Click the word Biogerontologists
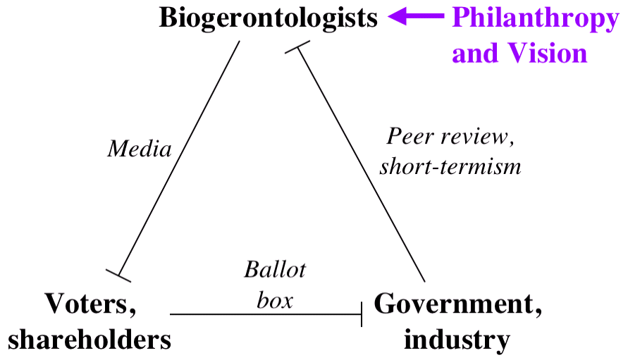[x=269, y=18]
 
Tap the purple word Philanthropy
[x=535, y=18]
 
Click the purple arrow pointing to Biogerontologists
[x=416, y=18]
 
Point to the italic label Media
[x=140, y=149]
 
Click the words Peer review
[x=452, y=136]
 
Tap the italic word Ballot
[x=275, y=269]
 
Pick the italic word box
[x=274, y=300]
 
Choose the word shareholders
[x=90, y=340]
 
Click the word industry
[x=457, y=340]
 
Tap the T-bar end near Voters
[x=118, y=274]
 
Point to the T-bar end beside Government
[x=362, y=314]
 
